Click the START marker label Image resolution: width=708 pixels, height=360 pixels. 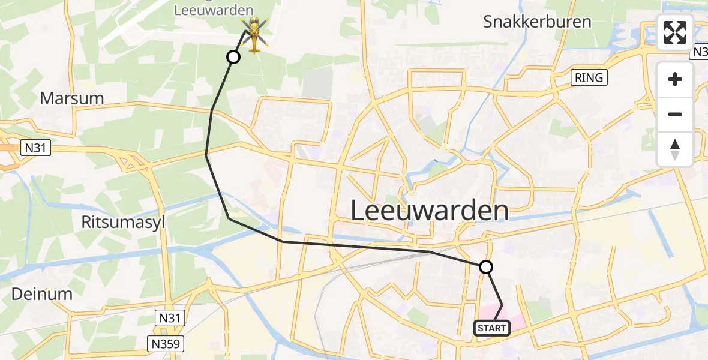click(x=492, y=328)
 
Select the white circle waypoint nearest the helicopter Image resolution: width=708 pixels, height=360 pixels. click(x=233, y=57)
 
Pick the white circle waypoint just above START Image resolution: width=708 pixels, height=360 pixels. click(x=486, y=267)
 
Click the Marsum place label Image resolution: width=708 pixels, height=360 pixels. click(x=72, y=98)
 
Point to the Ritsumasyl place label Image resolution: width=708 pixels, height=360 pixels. click(x=123, y=223)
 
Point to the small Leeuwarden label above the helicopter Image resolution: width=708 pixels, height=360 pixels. click(x=214, y=10)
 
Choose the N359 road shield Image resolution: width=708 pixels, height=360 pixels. click(x=165, y=343)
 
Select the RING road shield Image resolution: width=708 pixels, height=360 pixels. click(x=589, y=77)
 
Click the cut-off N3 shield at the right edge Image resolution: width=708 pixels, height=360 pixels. click(x=700, y=53)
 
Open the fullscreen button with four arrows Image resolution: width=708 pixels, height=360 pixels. click(x=675, y=32)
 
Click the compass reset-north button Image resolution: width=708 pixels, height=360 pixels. click(x=675, y=149)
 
